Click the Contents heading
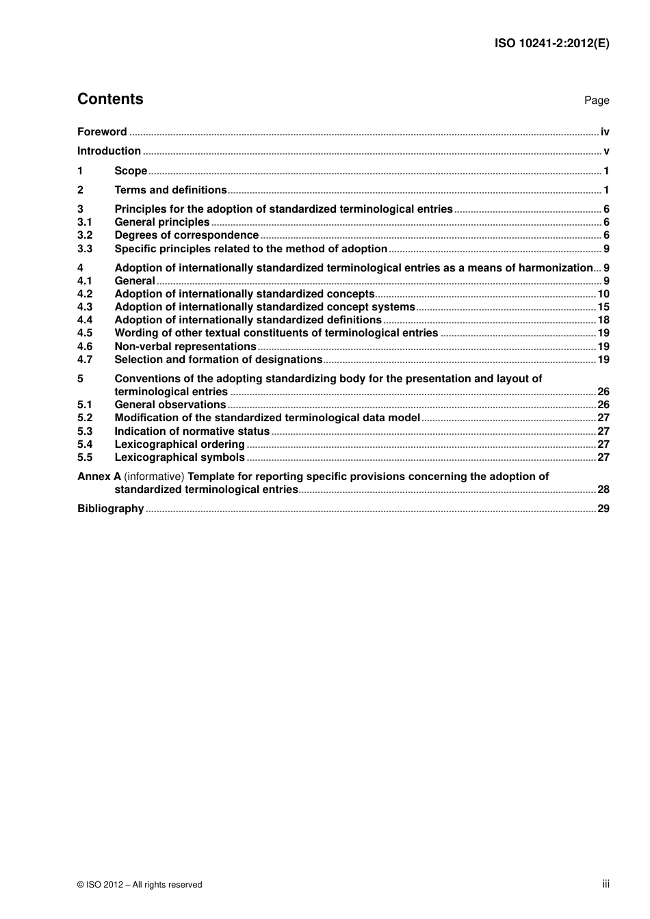(110, 99)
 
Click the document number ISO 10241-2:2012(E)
(551, 43)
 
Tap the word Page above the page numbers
(597, 101)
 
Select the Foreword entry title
(102, 132)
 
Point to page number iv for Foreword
(605, 132)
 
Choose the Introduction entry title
(109, 151)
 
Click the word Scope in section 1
(131, 171)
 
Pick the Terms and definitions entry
(170, 190)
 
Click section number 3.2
(85, 235)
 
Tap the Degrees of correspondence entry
(186, 235)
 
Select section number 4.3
(85, 307)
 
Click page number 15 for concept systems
(603, 307)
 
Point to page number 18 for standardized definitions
(603, 320)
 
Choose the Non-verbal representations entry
(185, 347)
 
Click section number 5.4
(85, 444)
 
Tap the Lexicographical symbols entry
(179, 457)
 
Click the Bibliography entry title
(110, 509)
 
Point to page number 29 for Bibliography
(603, 509)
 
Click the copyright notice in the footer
(140, 885)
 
